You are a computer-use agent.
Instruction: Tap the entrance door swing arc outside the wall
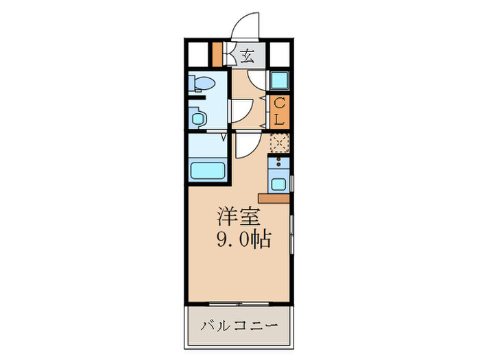point(245,27)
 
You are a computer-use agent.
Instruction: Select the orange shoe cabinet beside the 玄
point(217,54)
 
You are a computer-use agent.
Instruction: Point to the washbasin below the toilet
point(199,118)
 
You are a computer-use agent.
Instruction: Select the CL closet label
point(280,112)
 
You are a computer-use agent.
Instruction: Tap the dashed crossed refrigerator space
point(279,142)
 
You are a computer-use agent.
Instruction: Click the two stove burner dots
point(279,163)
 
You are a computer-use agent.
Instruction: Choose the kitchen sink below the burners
point(279,182)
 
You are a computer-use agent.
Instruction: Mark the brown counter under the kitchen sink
point(274,198)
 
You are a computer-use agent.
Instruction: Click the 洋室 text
point(238,217)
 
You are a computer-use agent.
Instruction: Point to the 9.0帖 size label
point(244,240)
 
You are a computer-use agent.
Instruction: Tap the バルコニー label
point(239,325)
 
